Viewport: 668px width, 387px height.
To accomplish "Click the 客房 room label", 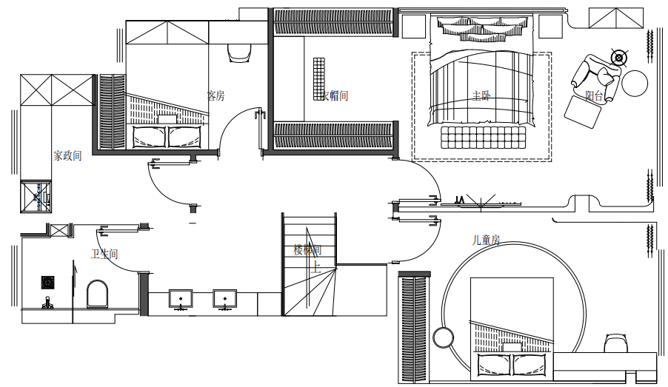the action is pos(215,95).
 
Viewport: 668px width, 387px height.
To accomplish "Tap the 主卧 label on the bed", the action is pos(481,95).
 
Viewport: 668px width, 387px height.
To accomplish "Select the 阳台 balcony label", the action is pos(593,95).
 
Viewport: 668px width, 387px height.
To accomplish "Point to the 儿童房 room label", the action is pos(487,240).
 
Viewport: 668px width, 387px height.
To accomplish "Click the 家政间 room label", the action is pos(67,156).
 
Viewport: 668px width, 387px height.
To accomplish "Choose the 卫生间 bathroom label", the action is pos(104,255).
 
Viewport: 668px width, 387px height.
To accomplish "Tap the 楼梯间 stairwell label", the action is pos(307,249).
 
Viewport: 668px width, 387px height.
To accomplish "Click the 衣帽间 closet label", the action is pos(334,95).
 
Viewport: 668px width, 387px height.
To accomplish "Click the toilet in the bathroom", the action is pos(97,295).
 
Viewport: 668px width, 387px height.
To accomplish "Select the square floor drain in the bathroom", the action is pos(47,282).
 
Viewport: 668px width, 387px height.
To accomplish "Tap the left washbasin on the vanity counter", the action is pos(180,299).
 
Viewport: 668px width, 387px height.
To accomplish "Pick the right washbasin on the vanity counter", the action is pos(223,299).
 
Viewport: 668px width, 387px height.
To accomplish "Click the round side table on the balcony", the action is pos(635,83).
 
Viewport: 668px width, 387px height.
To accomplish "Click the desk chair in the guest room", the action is pos(238,51).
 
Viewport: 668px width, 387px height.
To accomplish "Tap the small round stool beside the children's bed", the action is pos(444,337).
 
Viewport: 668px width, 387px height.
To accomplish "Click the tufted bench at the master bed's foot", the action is pos(483,137).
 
